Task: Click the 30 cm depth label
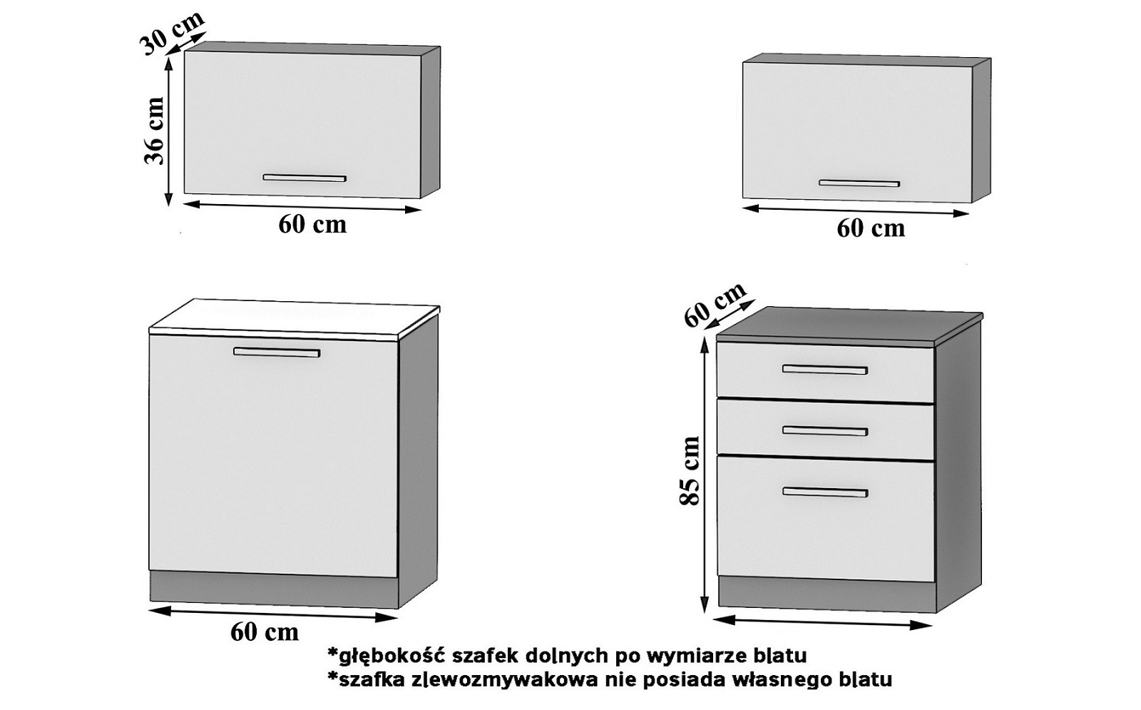click(171, 33)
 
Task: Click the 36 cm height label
click(155, 131)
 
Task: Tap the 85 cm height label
click(690, 471)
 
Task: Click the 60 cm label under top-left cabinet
click(312, 224)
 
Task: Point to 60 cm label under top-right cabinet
click(871, 228)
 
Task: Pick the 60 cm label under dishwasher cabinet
click(265, 632)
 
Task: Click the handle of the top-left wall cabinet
click(305, 178)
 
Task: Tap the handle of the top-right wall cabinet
click(859, 183)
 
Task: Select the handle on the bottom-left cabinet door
click(277, 352)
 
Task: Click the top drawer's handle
click(825, 370)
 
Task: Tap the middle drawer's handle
click(825, 431)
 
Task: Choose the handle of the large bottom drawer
click(825, 492)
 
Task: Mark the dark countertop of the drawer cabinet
click(849, 325)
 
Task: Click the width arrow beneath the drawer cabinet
click(822, 622)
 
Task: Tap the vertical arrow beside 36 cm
click(169, 132)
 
